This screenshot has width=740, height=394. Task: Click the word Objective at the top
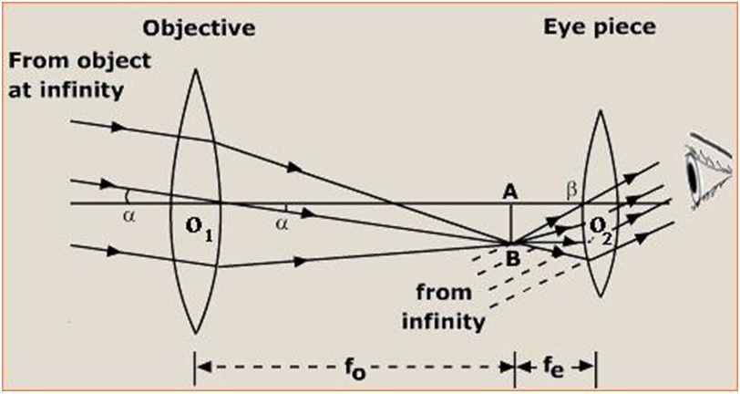pyautogui.click(x=200, y=28)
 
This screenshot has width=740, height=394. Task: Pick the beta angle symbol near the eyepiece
pyautogui.click(x=572, y=190)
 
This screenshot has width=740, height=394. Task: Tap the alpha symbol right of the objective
pyautogui.click(x=282, y=219)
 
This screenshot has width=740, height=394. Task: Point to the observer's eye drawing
pyautogui.click(x=704, y=170)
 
